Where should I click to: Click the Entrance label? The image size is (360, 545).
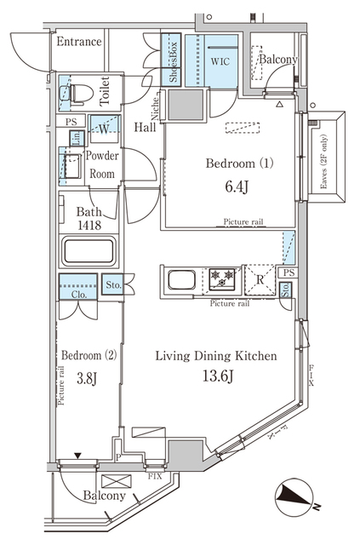point(78,42)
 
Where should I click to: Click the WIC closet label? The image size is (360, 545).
point(220,62)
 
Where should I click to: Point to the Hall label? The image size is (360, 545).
point(146,127)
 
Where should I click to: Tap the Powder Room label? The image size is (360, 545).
point(100,163)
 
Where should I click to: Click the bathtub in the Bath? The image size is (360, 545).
point(88,253)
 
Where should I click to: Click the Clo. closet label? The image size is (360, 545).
point(77,295)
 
